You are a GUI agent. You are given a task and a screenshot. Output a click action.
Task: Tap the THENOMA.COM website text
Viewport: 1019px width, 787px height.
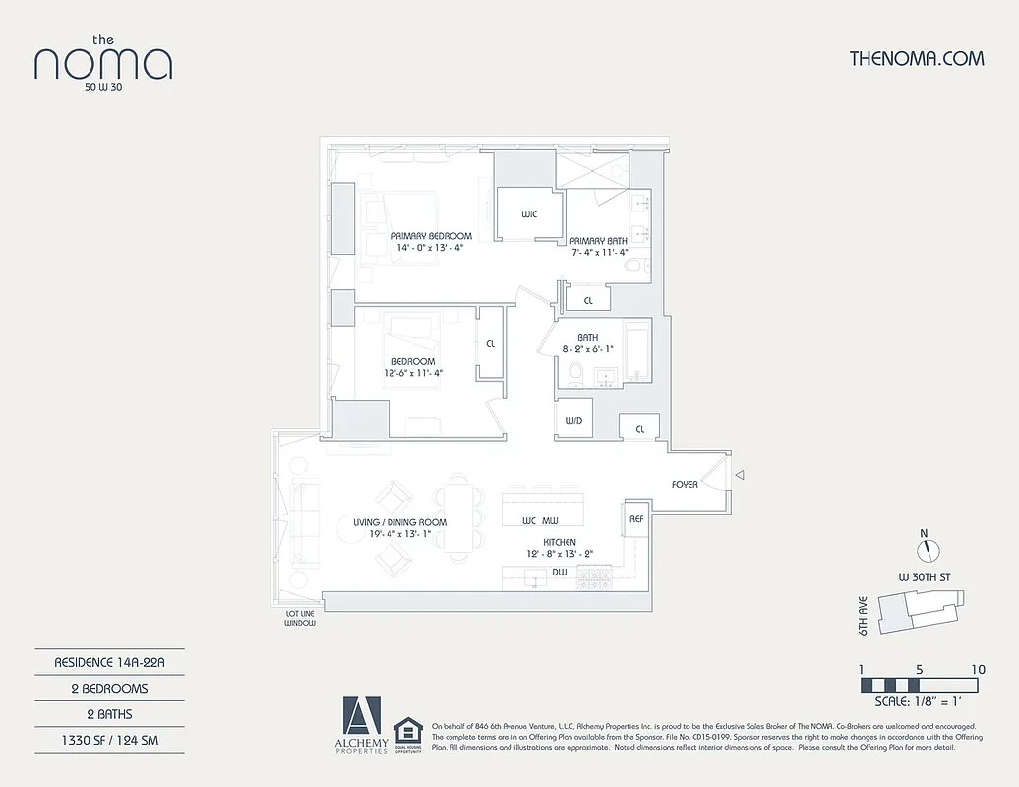pos(916,58)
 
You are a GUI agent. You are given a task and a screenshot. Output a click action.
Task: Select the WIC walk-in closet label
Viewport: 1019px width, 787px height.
pos(528,214)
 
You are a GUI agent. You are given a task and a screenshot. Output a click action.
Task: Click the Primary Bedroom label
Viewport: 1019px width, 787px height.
pos(431,236)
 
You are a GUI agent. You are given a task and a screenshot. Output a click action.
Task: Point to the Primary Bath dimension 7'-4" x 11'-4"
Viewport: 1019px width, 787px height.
pos(599,252)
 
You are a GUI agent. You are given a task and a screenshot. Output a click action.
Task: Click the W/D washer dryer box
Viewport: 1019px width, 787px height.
pos(572,420)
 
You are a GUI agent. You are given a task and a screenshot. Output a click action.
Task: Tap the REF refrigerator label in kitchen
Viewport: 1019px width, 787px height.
pos(635,517)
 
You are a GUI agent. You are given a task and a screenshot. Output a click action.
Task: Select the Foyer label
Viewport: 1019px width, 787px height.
pos(685,484)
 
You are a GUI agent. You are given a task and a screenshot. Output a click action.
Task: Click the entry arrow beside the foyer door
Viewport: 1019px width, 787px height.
pos(741,476)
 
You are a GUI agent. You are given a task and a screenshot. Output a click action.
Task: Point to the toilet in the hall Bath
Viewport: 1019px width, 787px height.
pos(577,374)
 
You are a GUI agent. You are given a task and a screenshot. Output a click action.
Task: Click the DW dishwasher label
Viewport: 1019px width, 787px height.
pos(559,571)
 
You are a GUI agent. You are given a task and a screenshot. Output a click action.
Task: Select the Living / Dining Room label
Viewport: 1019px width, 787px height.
pos(399,522)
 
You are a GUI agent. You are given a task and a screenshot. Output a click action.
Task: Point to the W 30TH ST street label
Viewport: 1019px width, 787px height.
pos(924,576)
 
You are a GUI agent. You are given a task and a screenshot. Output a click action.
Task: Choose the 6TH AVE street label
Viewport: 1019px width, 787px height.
pos(863,615)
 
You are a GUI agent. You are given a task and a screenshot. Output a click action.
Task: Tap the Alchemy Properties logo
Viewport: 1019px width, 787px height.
pos(361,726)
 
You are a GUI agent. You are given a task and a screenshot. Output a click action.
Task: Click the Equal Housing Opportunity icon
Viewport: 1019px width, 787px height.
pos(407,733)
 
